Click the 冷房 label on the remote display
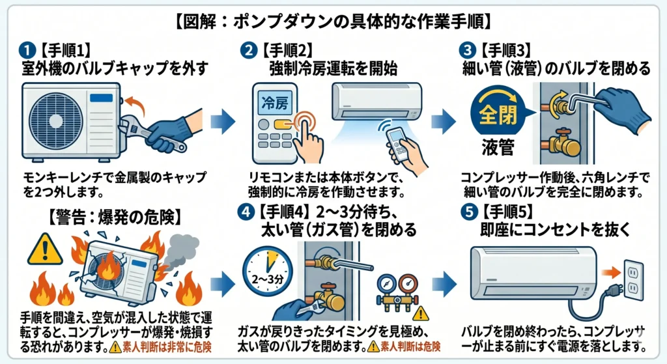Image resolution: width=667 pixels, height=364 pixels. [x=274, y=103]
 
